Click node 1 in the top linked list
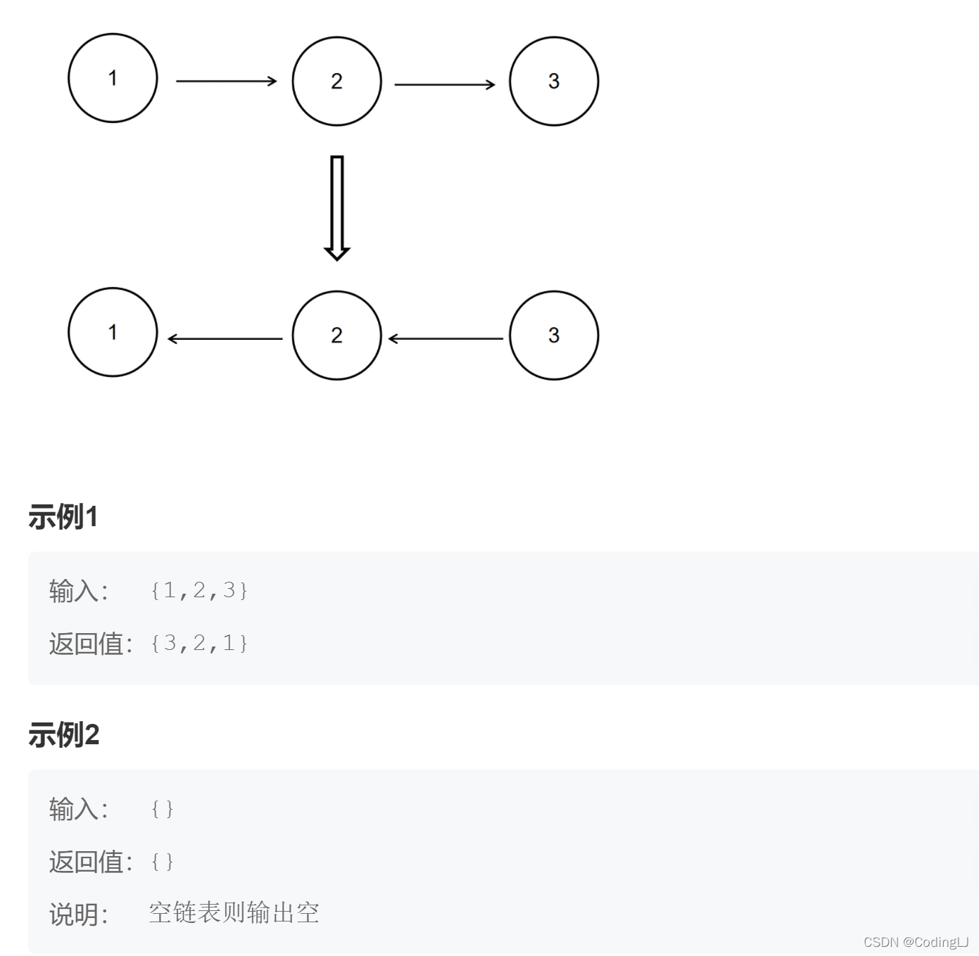point(113,78)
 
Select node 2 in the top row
point(336,82)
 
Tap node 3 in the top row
point(554,82)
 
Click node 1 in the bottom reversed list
point(113,332)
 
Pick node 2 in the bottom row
point(336,336)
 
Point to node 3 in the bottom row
point(554,336)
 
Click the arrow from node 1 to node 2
point(226,82)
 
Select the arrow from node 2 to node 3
point(444,84)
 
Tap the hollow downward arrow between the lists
point(337,208)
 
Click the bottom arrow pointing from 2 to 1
point(225,339)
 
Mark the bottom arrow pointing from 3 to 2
point(446,339)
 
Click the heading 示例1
point(63,517)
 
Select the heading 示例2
point(64,735)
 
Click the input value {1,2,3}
point(199,590)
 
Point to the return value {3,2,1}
point(199,643)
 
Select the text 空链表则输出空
point(234,913)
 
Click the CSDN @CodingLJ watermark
point(916,942)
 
